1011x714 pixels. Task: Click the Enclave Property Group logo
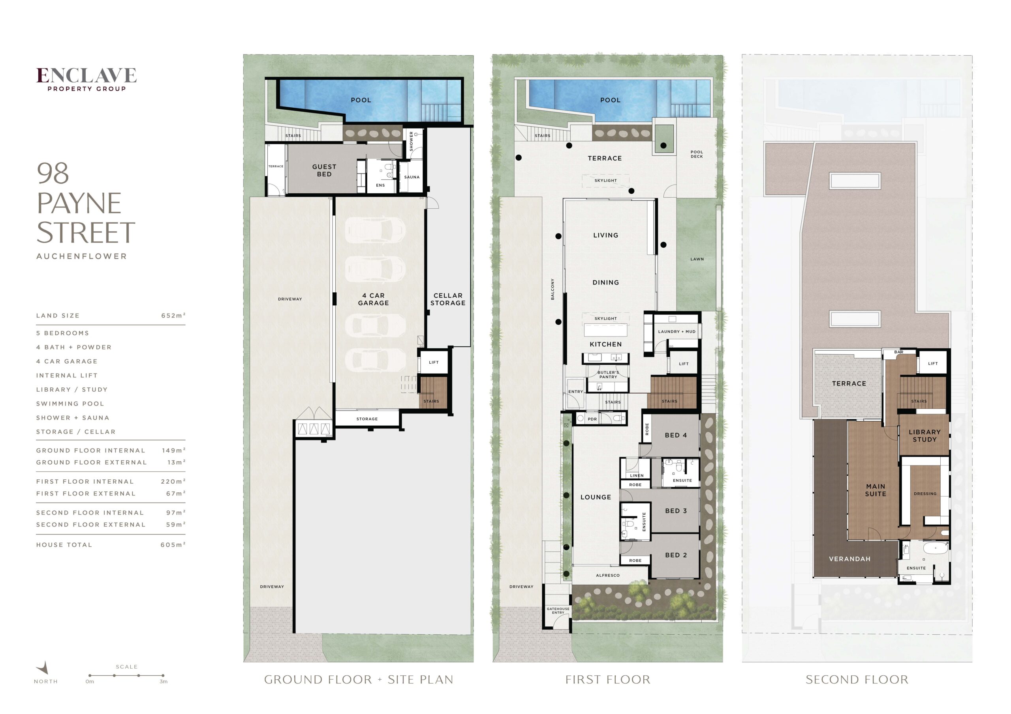86,79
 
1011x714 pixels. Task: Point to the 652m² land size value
173,316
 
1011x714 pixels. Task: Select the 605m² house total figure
173,545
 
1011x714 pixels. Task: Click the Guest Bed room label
324,170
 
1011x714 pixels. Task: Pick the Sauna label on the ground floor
412,177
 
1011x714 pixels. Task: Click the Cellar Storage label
448,299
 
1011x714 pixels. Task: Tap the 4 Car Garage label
374,299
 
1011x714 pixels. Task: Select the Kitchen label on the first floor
606,344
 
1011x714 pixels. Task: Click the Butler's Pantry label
608,375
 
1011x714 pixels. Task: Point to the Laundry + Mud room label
677,332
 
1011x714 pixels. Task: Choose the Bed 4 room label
676,435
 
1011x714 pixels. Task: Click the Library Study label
925,436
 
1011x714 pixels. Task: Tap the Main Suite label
876,490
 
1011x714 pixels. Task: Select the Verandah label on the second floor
850,559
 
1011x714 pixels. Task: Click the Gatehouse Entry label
558,611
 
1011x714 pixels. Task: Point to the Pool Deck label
697,154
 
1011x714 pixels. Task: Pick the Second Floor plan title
857,680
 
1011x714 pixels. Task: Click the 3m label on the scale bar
163,681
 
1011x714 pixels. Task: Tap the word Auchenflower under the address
81,256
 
